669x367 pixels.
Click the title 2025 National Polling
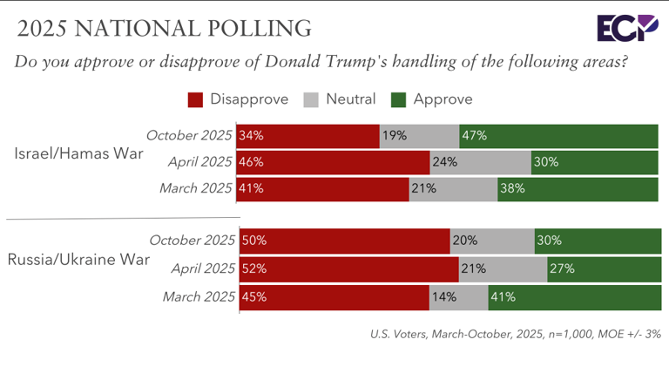click(164, 28)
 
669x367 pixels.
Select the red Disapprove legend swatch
click(195, 99)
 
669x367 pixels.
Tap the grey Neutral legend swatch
click(312, 99)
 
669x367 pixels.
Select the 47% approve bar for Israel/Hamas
click(558, 136)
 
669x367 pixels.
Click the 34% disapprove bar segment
click(307, 136)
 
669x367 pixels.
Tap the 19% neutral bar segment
click(419, 136)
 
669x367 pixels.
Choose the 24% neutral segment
click(480, 162)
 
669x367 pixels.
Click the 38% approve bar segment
click(578, 188)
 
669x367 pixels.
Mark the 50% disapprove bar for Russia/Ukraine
click(343, 241)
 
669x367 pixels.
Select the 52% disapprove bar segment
click(348, 268)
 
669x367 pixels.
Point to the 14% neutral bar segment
click(458, 296)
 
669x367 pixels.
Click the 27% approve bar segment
click(604, 268)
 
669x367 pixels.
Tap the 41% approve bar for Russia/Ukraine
click(574, 296)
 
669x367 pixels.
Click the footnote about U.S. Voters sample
click(515, 332)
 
